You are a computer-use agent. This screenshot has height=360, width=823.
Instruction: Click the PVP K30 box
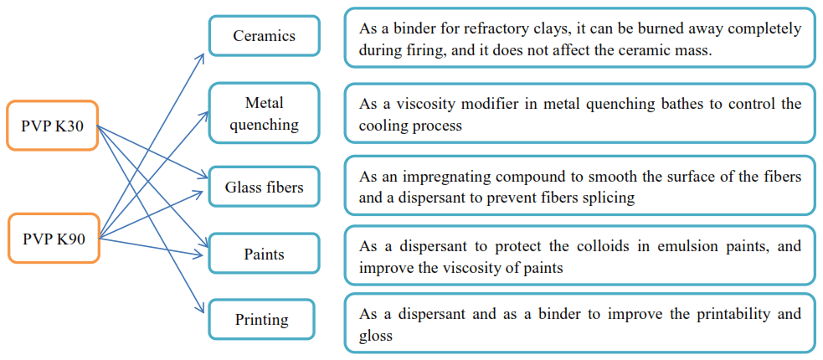point(52,126)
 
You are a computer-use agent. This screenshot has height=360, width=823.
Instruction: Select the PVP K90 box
point(52,239)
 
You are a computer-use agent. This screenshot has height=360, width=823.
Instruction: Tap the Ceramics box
point(264,36)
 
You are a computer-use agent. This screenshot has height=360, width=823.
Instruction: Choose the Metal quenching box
point(264,113)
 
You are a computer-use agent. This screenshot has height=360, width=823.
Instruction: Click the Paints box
point(264,254)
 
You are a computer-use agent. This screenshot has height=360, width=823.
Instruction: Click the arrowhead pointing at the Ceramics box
point(203,54)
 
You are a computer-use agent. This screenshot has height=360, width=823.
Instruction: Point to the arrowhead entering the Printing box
point(203,311)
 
